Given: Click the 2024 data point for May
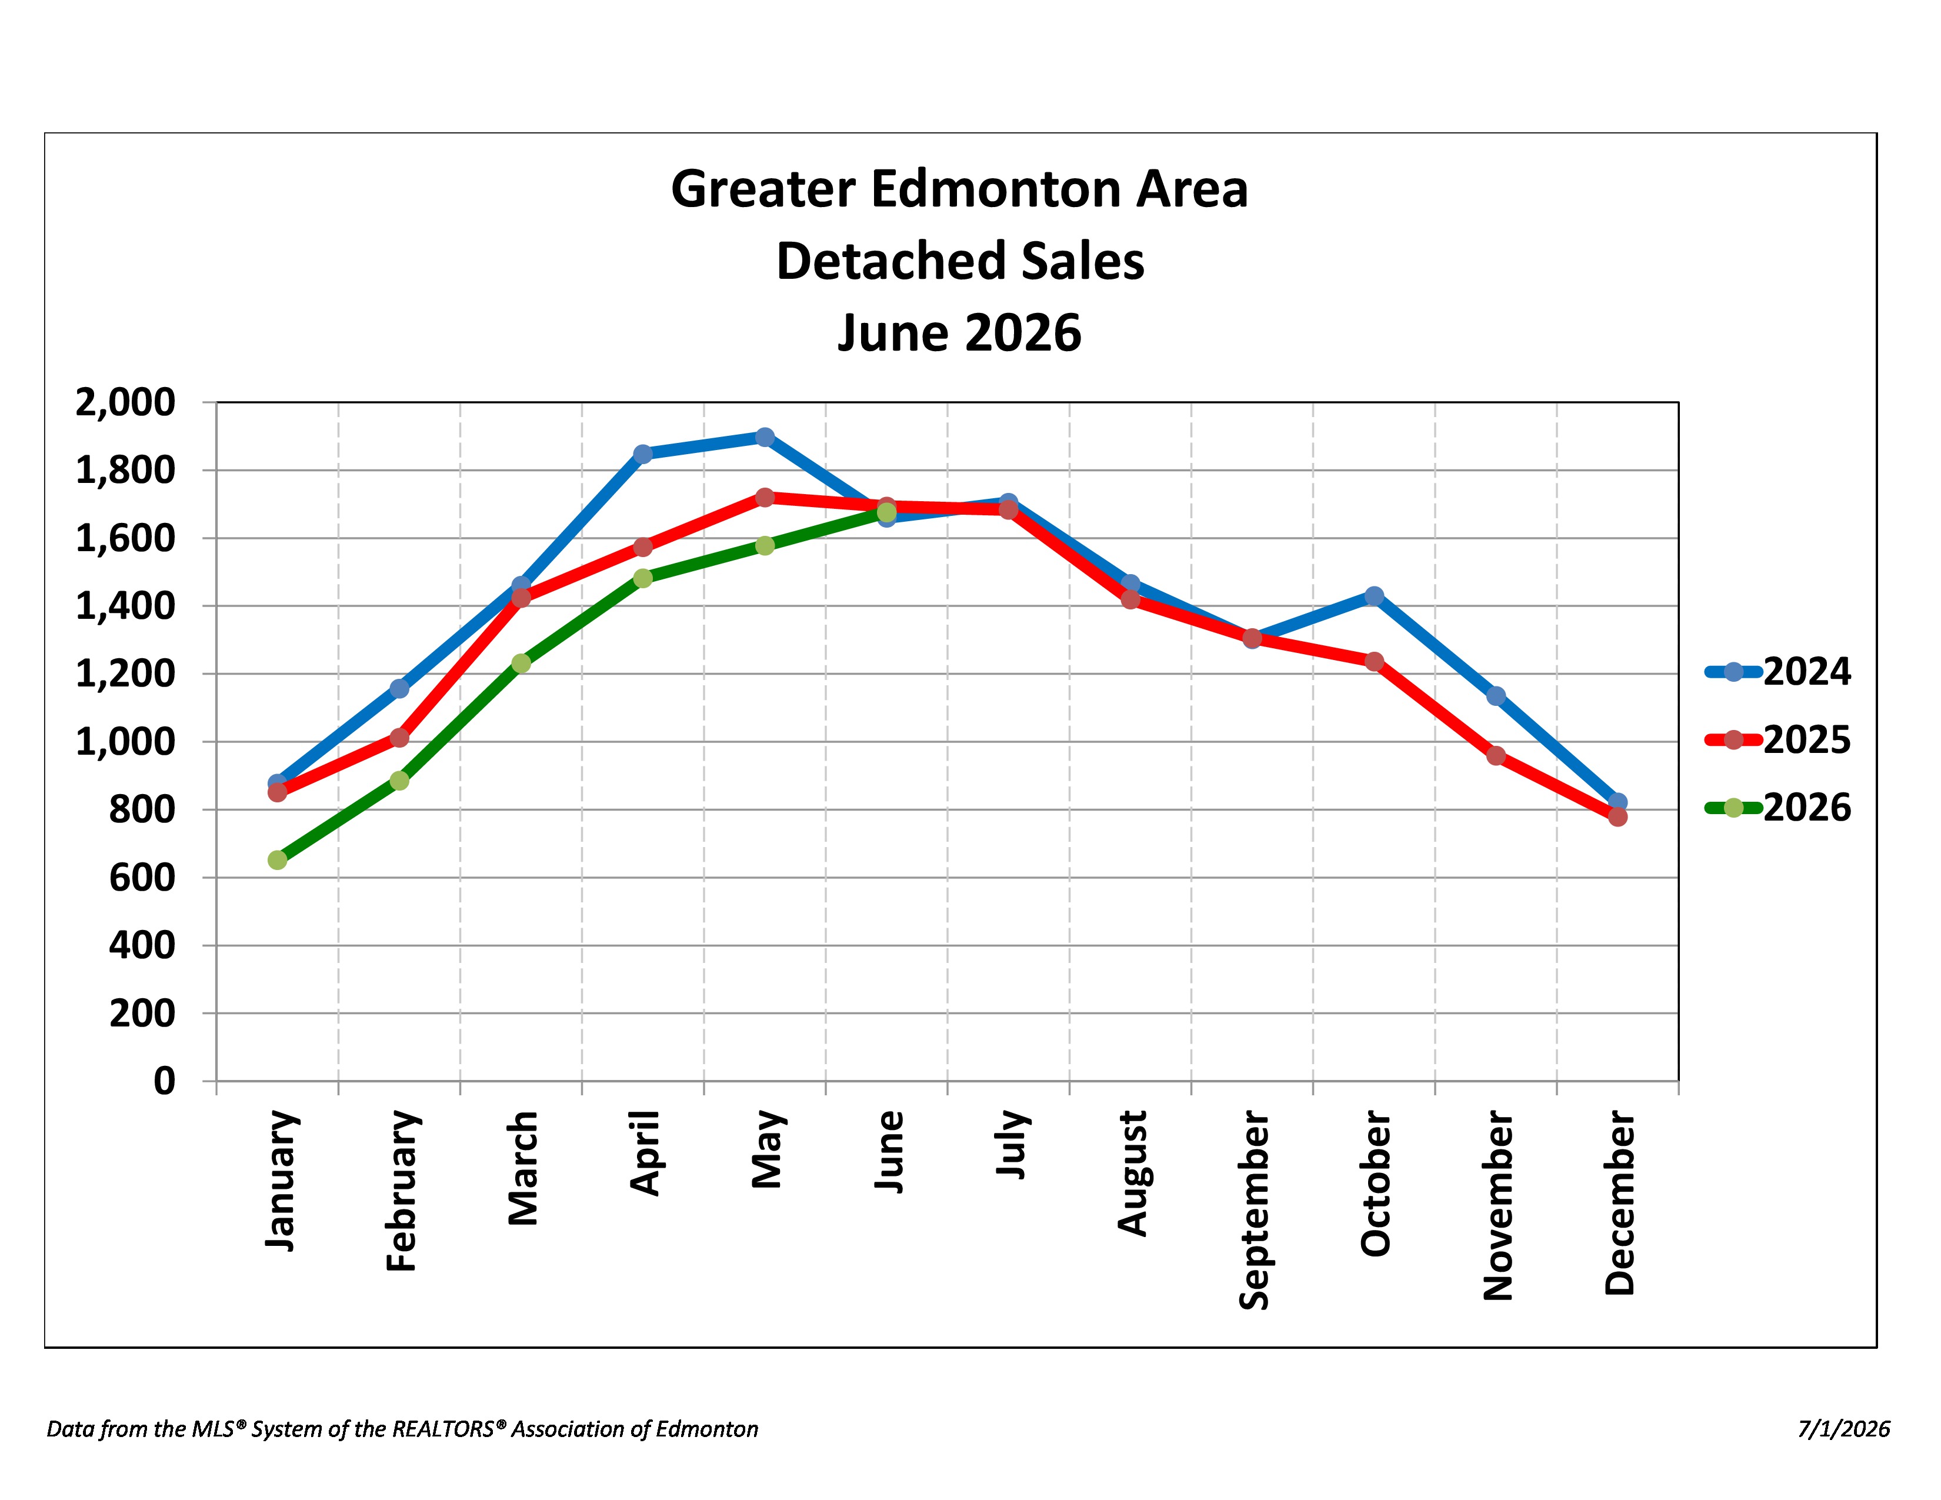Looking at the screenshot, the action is [x=764, y=436].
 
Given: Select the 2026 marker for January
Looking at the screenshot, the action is [x=277, y=859].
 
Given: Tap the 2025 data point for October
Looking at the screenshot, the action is [x=1374, y=661].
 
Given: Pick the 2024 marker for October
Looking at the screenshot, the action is [x=1374, y=595].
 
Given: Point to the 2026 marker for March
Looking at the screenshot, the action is [x=521, y=663].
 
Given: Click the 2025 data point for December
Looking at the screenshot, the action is [x=1617, y=816].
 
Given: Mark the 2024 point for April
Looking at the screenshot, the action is [x=642, y=453].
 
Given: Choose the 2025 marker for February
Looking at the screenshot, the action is [x=399, y=738].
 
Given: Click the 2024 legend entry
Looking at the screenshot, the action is [x=1777, y=672].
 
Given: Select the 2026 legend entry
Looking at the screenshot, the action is [x=1777, y=808].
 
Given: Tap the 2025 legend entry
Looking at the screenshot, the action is [x=1777, y=739].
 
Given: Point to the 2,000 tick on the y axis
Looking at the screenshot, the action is [x=125, y=402].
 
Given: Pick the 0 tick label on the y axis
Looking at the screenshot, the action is [x=165, y=1081].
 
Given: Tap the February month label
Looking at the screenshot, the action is [x=402, y=1191].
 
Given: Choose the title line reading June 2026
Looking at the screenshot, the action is [x=960, y=333].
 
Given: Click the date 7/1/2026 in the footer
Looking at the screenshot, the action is [x=1844, y=1429].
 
